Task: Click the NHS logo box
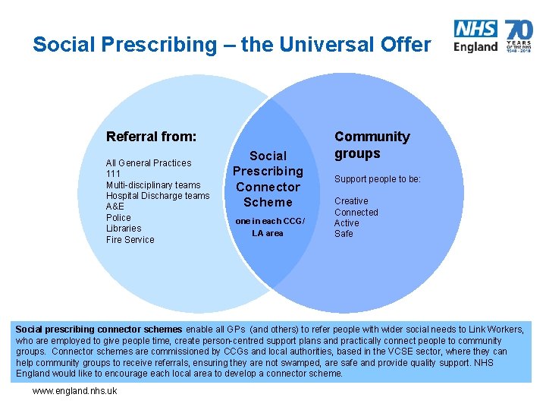click(x=475, y=29)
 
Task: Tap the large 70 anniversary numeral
click(x=519, y=31)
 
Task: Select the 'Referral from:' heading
click(x=151, y=137)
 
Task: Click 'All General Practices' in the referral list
click(x=149, y=163)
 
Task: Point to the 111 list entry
click(x=114, y=174)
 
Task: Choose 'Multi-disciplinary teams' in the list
click(x=153, y=185)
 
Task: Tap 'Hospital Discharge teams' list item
click(x=158, y=196)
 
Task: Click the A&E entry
click(x=115, y=207)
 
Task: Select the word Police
click(x=118, y=218)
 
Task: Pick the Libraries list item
click(x=124, y=229)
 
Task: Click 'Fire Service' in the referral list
click(x=130, y=240)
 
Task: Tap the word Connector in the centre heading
click(x=268, y=187)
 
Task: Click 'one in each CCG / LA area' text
click(x=268, y=227)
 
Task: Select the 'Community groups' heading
click(x=372, y=145)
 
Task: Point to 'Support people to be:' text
click(x=378, y=179)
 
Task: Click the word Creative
click(x=351, y=201)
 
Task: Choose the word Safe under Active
click(x=344, y=234)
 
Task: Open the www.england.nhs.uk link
click(x=74, y=391)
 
